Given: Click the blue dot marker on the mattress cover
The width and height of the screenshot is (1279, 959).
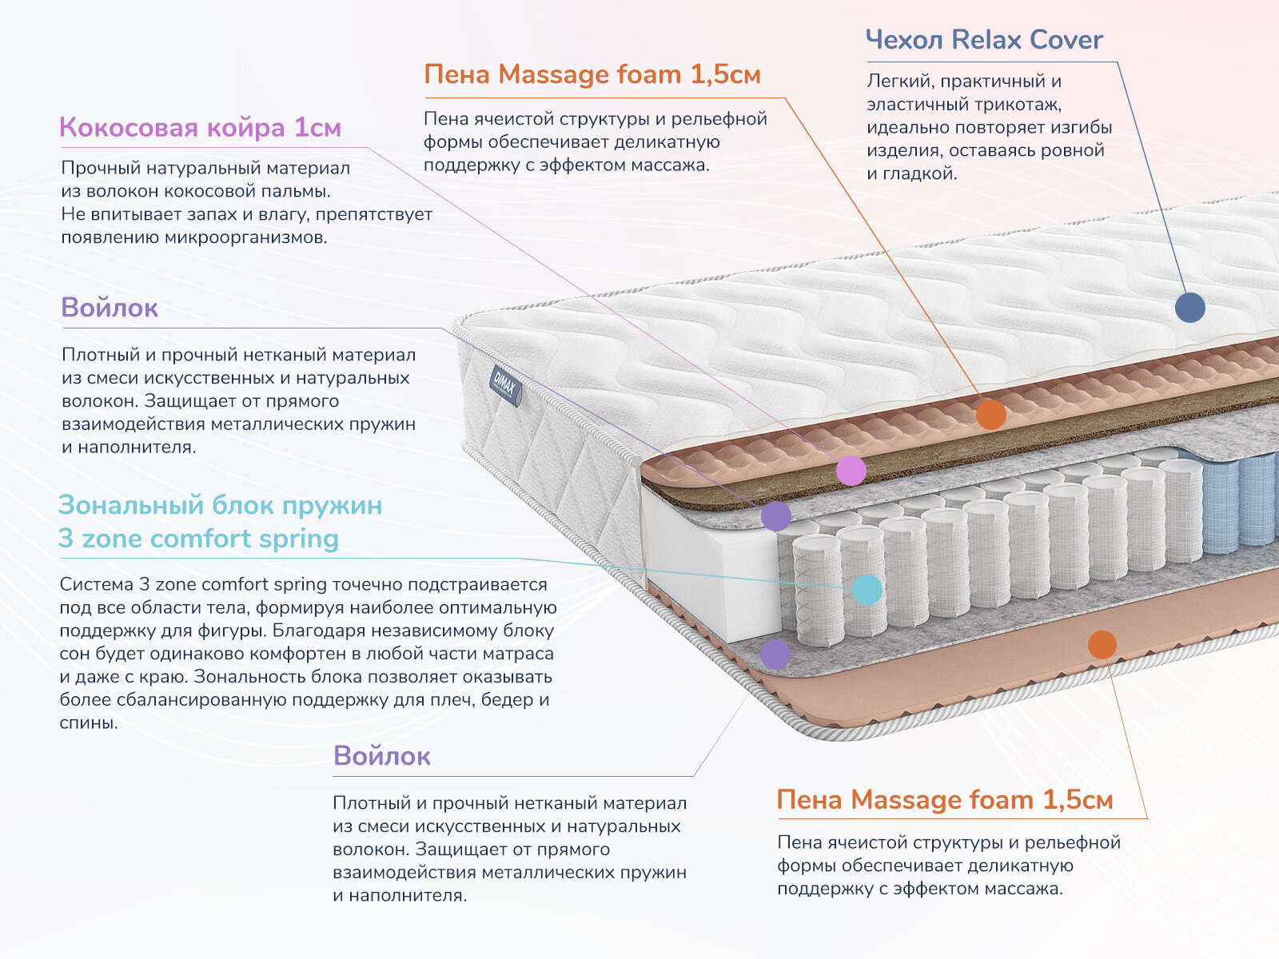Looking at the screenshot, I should [x=1189, y=308].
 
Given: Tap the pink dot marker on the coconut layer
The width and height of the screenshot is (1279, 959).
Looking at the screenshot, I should [x=851, y=471].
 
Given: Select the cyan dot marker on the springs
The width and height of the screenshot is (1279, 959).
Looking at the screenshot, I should [x=867, y=590].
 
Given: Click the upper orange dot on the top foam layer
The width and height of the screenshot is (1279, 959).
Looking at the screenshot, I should [x=990, y=415].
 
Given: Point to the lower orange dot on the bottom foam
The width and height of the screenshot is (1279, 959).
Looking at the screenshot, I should [x=1102, y=644].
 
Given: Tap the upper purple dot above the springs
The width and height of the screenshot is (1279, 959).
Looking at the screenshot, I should [x=775, y=516].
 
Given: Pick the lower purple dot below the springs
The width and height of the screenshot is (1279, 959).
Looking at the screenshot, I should [x=775, y=654].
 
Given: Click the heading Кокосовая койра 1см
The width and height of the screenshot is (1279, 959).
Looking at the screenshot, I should [x=200, y=128].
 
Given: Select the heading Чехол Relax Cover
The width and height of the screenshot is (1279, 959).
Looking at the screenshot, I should [x=984, y=40].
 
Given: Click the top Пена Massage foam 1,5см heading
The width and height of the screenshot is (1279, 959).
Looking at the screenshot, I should [x=592, y=74].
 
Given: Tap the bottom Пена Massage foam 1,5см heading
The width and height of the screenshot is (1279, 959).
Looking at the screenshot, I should [x=944, y=800].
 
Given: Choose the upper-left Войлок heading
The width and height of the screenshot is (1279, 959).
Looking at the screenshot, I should [x=110, y=308].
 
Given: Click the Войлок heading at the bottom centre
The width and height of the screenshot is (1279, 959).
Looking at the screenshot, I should [x=381, y=756].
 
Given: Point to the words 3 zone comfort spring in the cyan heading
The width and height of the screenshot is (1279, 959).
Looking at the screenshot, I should [x=198, y=539].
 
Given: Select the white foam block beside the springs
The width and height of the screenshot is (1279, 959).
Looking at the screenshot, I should [x=703, y=567].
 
